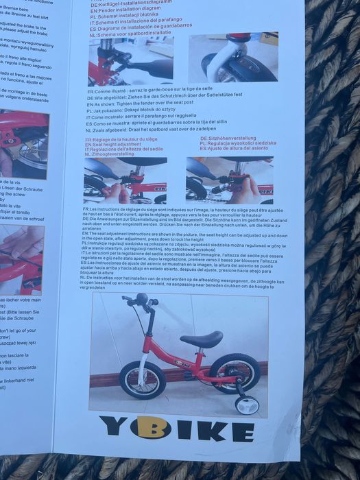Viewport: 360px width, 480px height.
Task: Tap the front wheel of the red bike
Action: coord(143,380)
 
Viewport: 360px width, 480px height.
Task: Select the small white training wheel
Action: coord(246,405)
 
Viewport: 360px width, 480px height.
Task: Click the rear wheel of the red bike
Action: coord(235,373)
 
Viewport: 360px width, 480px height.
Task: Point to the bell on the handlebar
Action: coord(142,300)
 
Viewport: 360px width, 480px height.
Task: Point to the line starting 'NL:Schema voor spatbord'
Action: coord(140,32)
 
